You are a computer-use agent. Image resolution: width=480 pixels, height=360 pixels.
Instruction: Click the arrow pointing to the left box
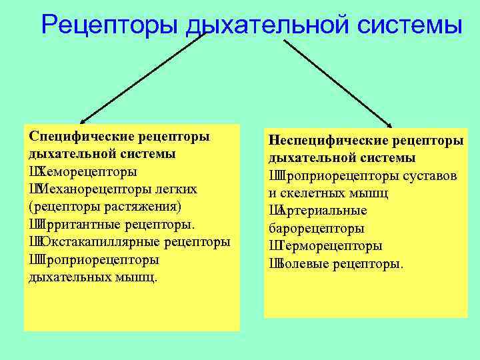140,77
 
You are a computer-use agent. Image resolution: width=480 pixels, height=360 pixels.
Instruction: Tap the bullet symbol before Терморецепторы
273,246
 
